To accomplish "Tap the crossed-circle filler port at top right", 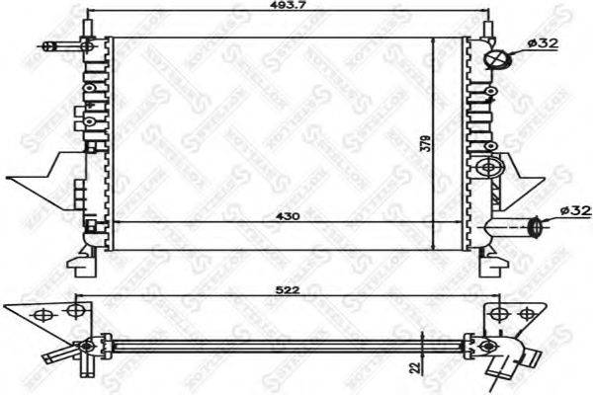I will (496, 59).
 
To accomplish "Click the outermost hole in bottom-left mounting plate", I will (42, 315).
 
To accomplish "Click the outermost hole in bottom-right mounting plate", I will (525, 315).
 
